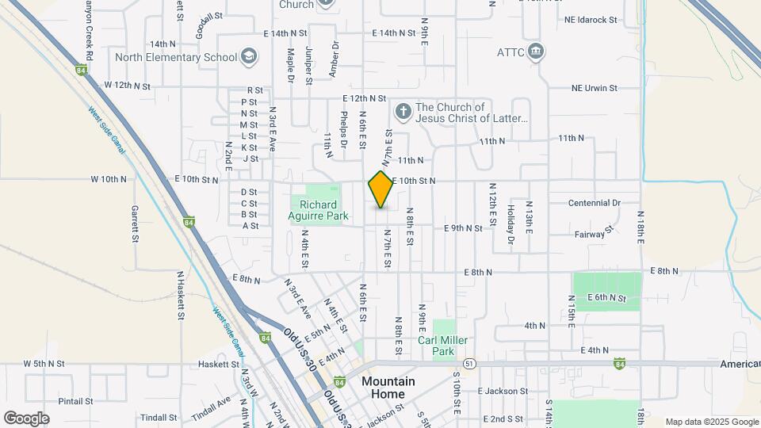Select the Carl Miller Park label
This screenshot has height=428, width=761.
443,345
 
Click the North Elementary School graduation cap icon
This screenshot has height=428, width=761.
250,56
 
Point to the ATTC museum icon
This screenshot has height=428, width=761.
537,52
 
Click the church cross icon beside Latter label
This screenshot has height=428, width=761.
403,112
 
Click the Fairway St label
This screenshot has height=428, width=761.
594,233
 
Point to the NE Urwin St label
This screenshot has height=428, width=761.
595,89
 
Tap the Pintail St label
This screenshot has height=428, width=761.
76,401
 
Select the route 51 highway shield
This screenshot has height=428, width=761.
470,364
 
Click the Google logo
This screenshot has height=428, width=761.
26,418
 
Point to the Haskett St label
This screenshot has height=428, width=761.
218,365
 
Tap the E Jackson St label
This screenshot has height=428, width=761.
503,392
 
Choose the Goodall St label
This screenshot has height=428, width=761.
208,19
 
